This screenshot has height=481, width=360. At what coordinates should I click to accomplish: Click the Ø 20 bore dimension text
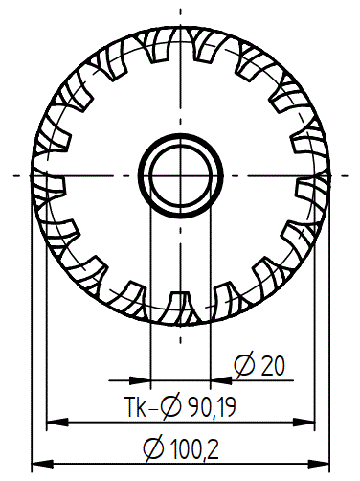coord(259,365)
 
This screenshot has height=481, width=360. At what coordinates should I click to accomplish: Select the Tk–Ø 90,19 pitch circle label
coord(181,406)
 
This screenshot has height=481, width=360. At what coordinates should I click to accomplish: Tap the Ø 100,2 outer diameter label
coord(181,448)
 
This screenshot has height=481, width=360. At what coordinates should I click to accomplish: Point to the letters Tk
coord(135,406)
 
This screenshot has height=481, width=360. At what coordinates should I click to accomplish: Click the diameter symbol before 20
coord(244,365)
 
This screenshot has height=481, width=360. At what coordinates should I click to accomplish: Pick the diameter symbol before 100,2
coord(153,449)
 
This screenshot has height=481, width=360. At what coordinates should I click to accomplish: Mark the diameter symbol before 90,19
coord(170,406)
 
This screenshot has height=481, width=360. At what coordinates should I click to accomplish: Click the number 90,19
coord(212,406)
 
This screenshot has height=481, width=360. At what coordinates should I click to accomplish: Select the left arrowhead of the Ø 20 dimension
coord(140,380)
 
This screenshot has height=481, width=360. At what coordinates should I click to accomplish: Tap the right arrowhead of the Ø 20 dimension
coord(221,380)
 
